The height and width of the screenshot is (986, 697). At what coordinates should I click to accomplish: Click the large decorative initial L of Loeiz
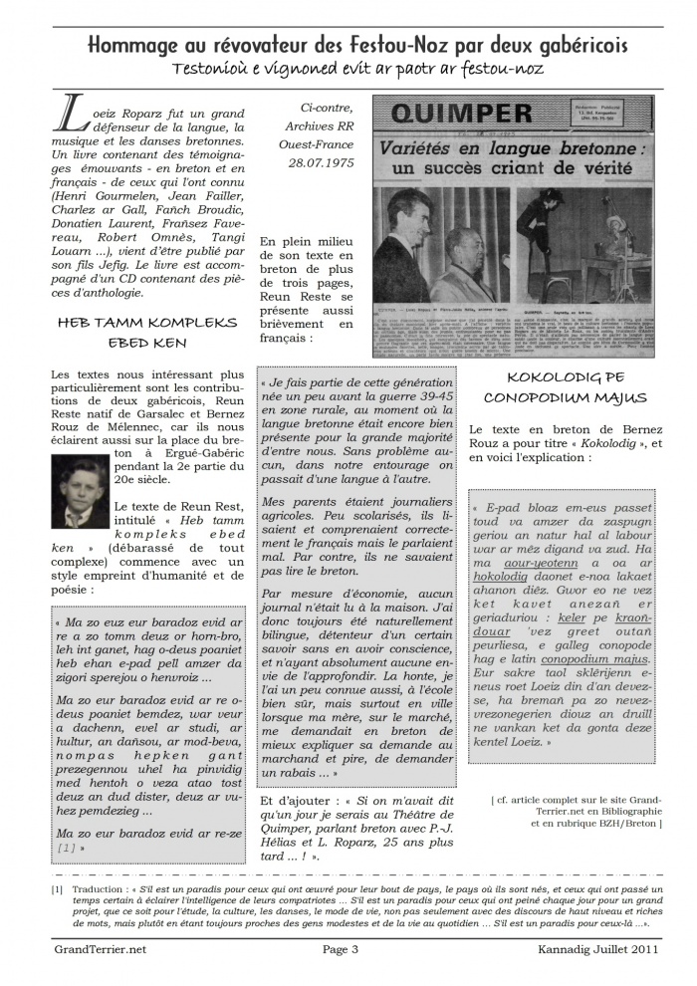75,115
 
